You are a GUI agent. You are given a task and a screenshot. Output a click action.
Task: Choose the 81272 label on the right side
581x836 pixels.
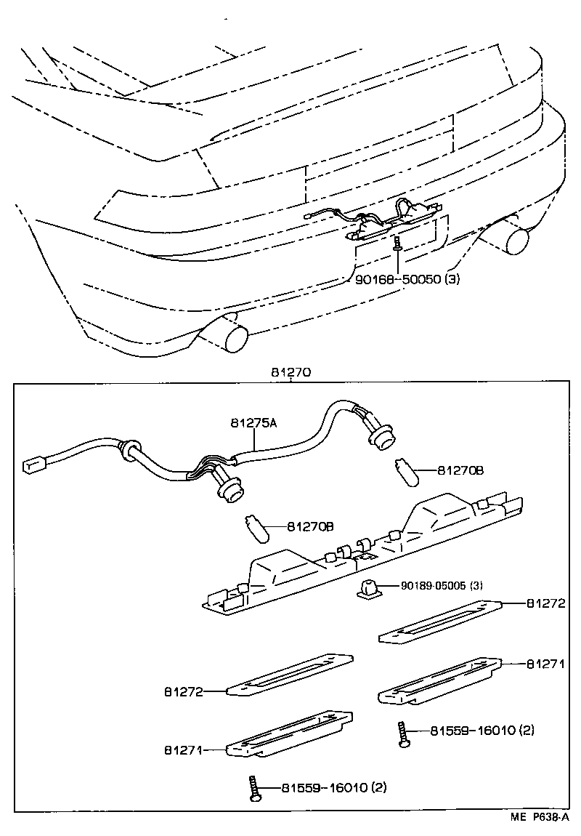coord(545,603)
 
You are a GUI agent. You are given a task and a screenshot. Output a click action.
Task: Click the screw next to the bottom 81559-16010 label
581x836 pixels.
coord(253,789)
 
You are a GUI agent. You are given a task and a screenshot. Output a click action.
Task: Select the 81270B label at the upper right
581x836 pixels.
coord(460,470)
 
